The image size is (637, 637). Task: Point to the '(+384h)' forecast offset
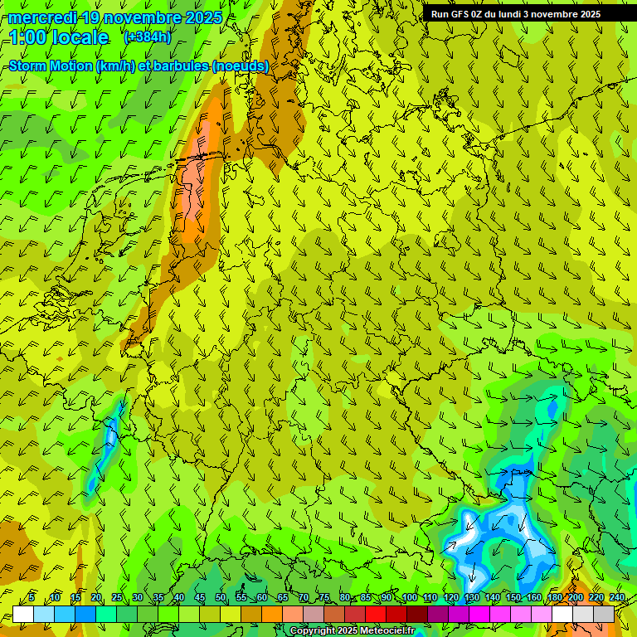pyautogui.click(x=147, y=37)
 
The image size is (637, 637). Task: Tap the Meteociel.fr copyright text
pyautogui.click(x=352, y=631)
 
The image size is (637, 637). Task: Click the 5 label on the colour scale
pyautogui.click(x=32, y=597)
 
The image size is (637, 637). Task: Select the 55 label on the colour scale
pyautogui.click(x=241, y=597)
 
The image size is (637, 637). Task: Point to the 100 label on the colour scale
pyautogui.click(x=408, y=597)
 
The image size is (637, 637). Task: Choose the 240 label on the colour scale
pyautogui.click(x=616, y=597)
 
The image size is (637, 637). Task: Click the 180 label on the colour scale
pyautogui.click(x=554, y=597)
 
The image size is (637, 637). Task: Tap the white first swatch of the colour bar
pyautogui.click(x=23, y=614)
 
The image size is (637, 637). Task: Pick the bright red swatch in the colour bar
pyautogui.click(x=376, y=614)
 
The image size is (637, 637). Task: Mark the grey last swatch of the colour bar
pyautogui.click(x=604, y=614)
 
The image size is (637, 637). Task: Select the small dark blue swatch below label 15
pyautogui.click(x=85, y=614)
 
